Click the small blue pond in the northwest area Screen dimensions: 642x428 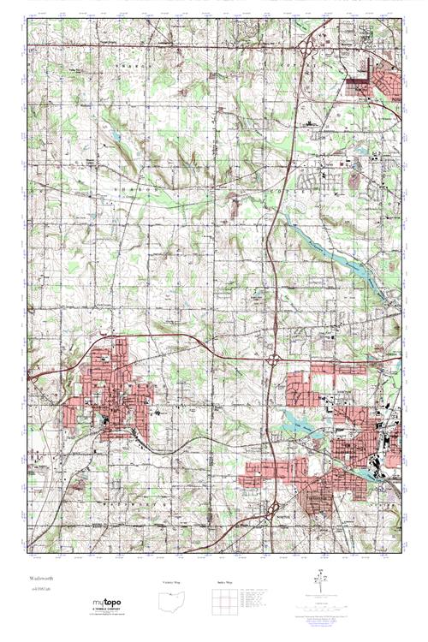114,135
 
